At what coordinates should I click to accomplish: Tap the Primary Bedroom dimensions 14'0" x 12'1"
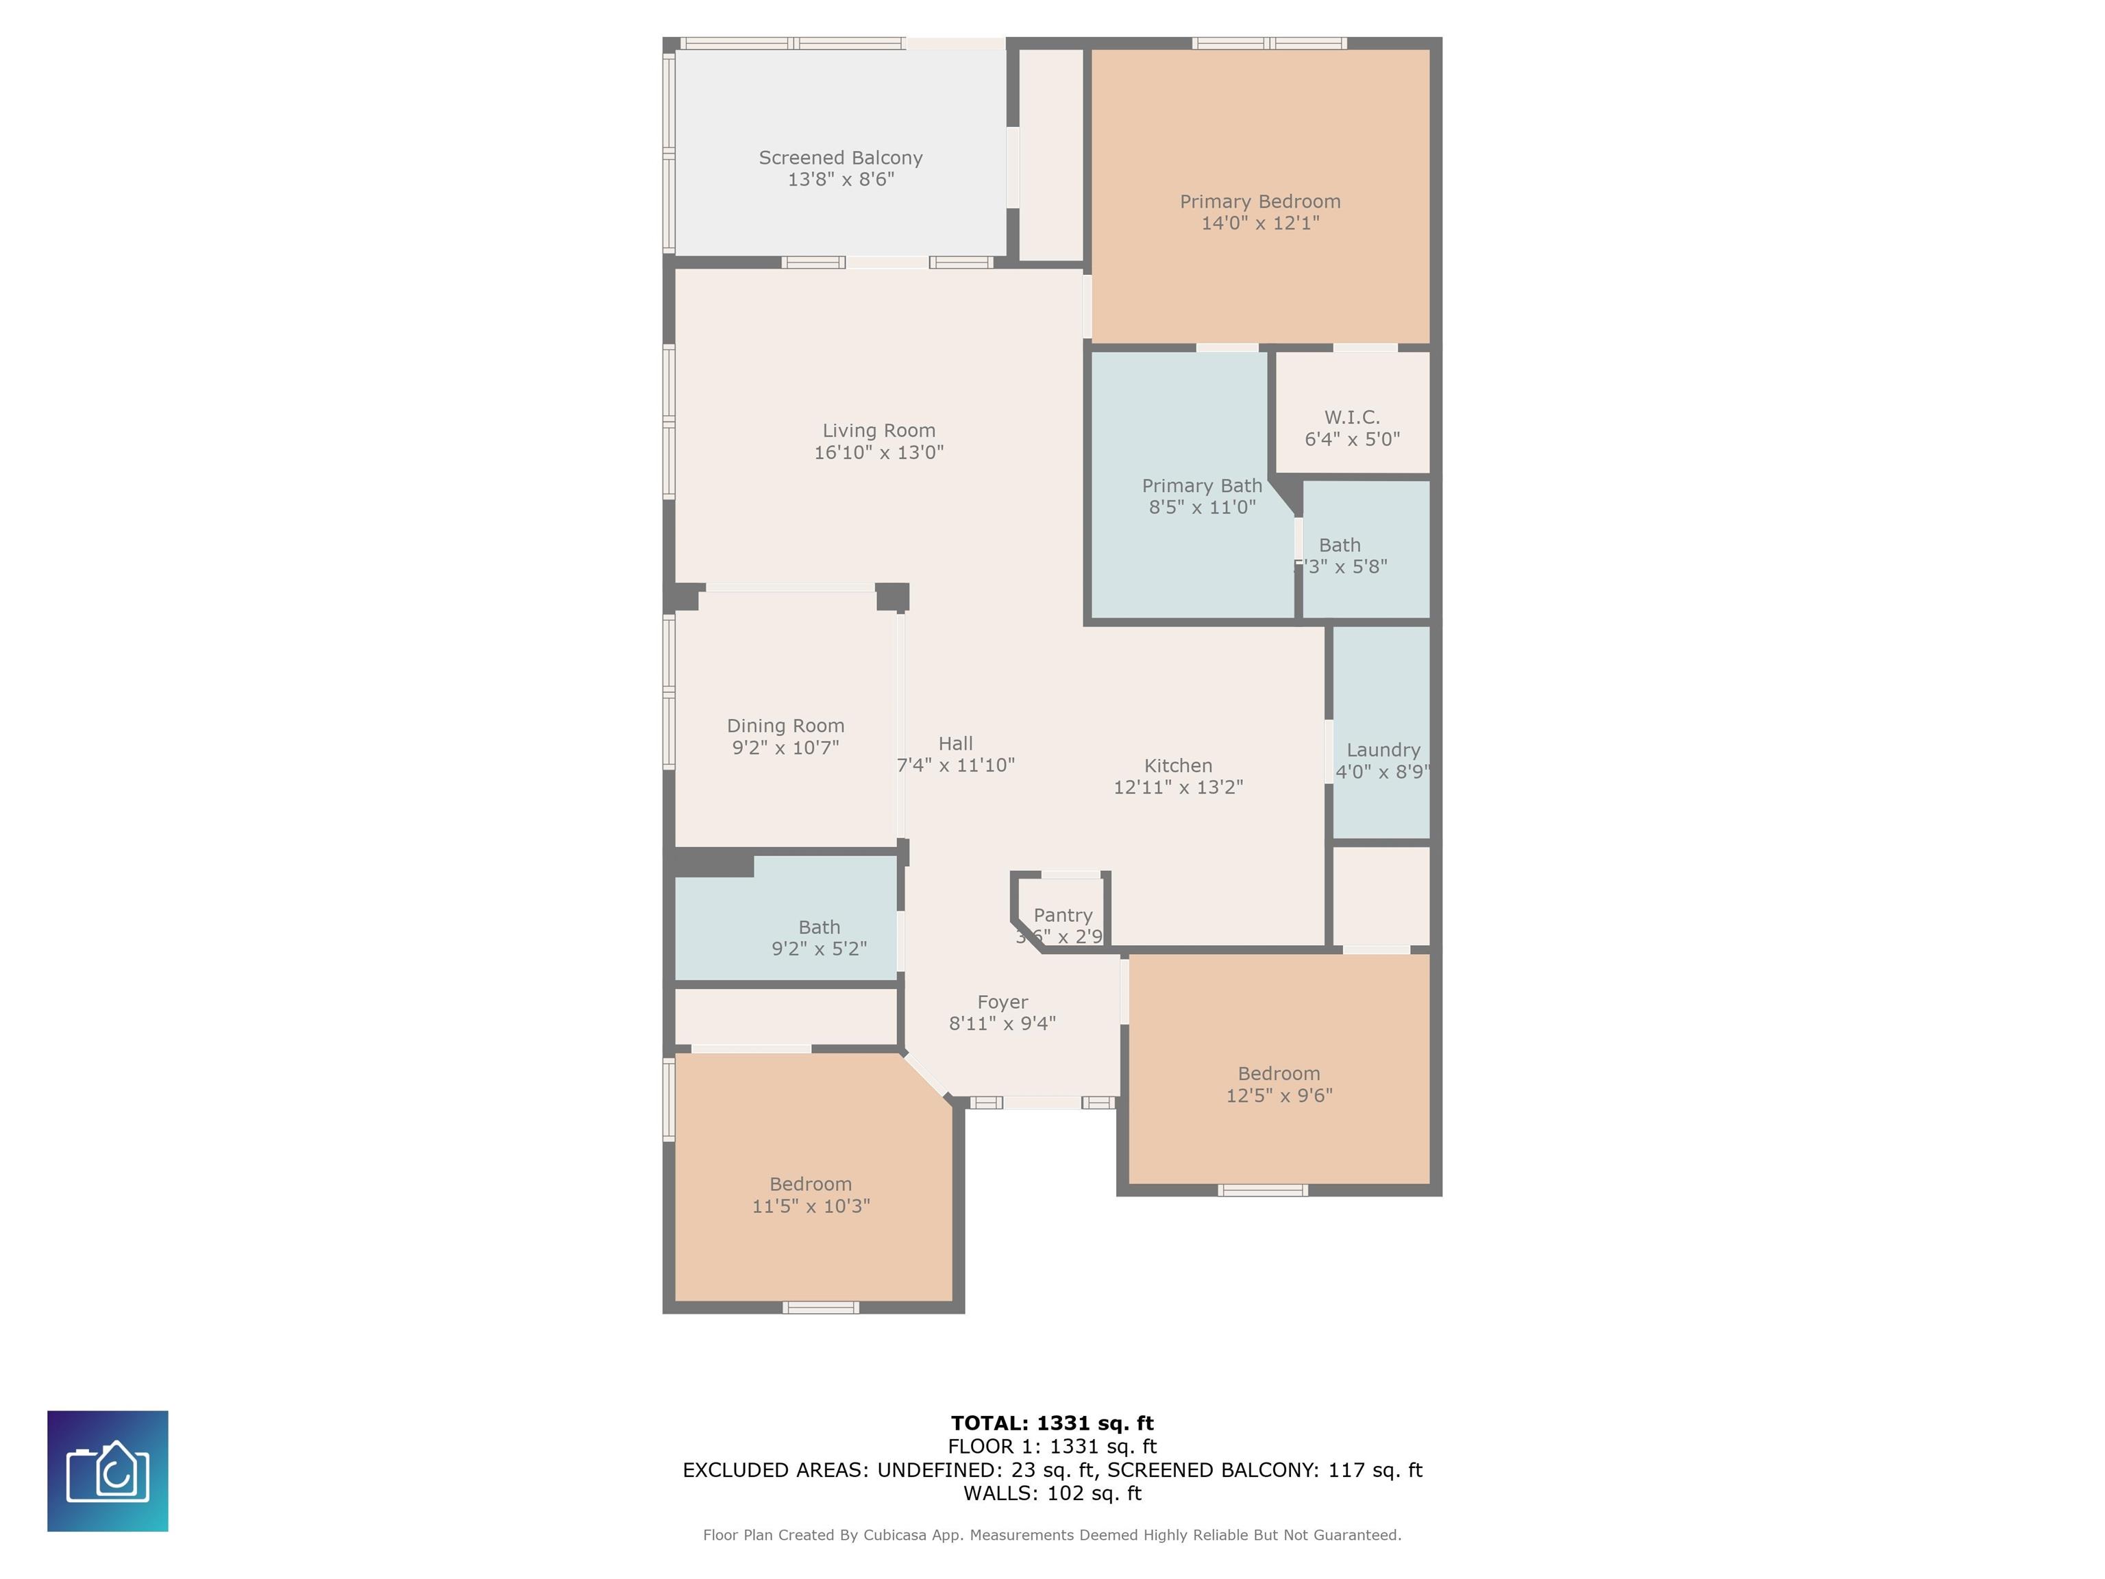[x=1260, y=223]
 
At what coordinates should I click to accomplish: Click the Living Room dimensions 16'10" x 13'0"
[x=878, y=453]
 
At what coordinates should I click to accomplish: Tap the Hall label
[x=955, y=744]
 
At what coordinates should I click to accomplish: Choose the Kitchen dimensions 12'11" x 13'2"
[x=1178, y=788]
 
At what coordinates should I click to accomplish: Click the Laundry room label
[x=1383, y=750]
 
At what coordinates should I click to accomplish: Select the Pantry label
[x=1063, y=916]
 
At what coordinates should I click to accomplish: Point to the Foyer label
[x=1002, y=1002]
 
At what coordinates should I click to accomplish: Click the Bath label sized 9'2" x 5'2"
[x=818, y=928]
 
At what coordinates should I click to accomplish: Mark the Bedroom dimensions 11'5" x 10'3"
[x=811, y=1207]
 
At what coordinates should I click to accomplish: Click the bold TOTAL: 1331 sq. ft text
[x=1052, y=1423]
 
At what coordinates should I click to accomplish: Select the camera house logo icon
[x=108, y=1471]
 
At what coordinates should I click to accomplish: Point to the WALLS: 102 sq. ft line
[x=1052, y=1493]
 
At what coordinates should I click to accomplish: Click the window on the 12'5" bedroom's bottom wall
[x=1263, y=1190]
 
